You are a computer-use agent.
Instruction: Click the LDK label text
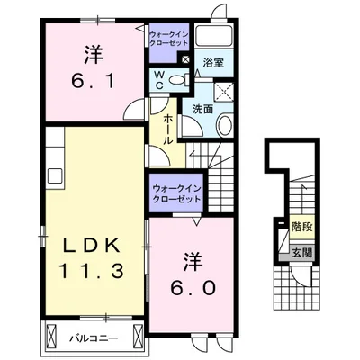[x=92, y=246]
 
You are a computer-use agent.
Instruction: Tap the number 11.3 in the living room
[x=92, y=271]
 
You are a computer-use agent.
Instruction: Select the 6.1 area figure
[x=94, y=80]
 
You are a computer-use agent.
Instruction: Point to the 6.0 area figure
[x=193, y=288]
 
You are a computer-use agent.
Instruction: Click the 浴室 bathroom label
[x=213, y=62]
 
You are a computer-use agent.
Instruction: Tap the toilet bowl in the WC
[x=177, y=80]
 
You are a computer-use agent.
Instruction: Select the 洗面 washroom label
[x=202, y=109]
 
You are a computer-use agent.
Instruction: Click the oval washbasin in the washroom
[x=224, y=125]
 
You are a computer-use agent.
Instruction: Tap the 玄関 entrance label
[x=302, y=253]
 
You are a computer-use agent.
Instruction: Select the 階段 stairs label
[x=302, y=227]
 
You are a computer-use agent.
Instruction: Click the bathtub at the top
[x=214, y=36]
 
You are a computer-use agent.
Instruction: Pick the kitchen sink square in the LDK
[x=56, y=175]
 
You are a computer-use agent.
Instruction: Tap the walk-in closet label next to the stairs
[x=176, y=193]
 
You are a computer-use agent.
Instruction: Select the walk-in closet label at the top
[x=169, y=38]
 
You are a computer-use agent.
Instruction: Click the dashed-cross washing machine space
[x=224, y=90]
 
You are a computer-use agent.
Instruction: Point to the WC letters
[x=159, y=80]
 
